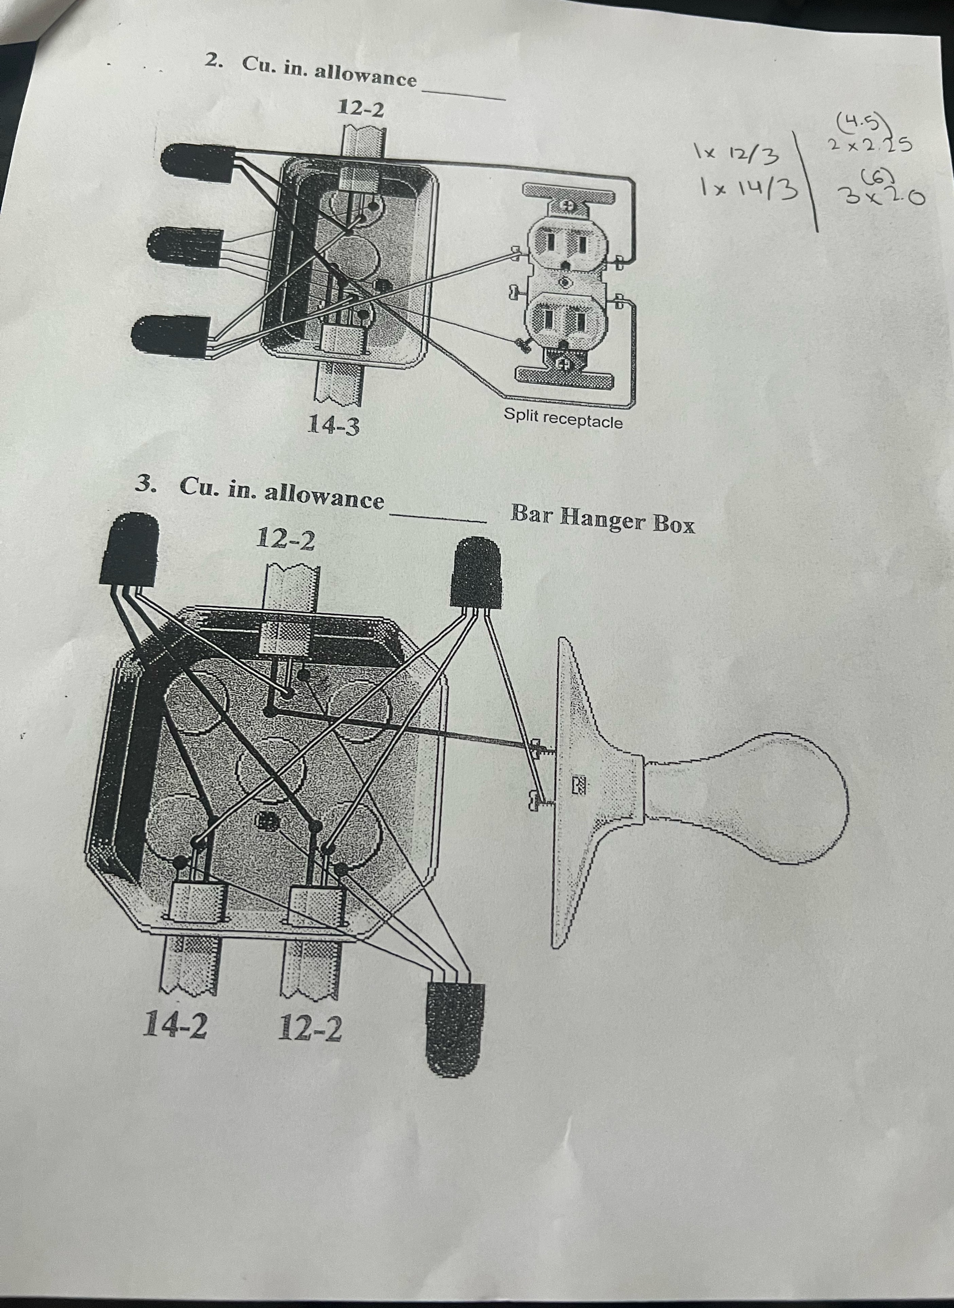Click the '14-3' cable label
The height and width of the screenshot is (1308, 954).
[334, 426]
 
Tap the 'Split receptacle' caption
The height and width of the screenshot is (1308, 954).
[563, 418]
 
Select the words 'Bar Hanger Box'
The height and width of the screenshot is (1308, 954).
[602, 518]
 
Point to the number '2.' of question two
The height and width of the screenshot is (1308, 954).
[215, 61]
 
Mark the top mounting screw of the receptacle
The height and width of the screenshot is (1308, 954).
[567, 205]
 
